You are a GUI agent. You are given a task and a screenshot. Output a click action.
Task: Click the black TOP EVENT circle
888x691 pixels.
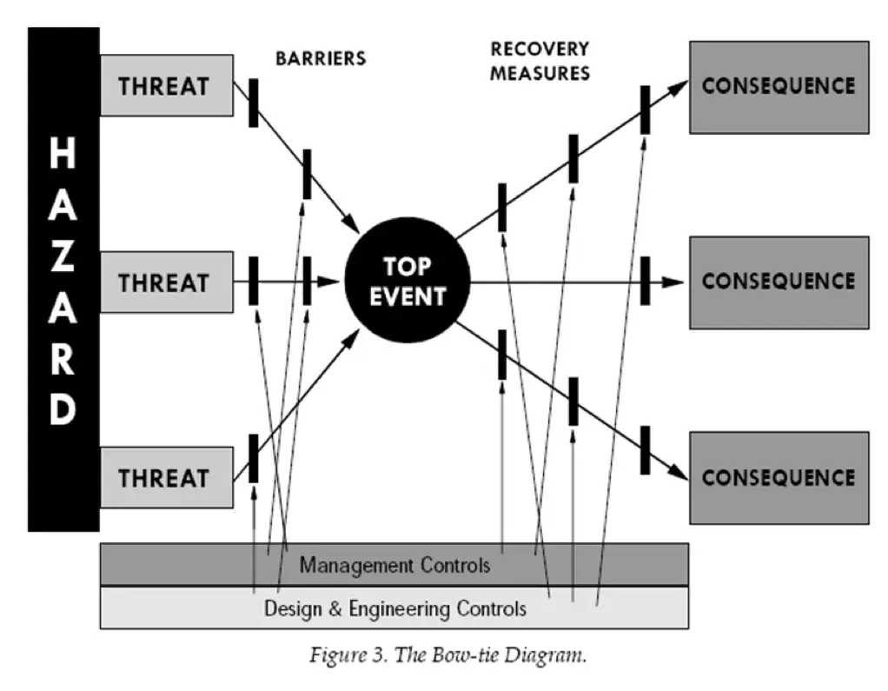408,281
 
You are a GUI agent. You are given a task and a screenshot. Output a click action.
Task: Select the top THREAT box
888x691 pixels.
166,85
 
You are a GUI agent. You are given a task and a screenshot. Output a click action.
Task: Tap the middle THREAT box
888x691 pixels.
166,282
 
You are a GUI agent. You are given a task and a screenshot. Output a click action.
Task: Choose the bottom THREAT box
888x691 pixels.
166,477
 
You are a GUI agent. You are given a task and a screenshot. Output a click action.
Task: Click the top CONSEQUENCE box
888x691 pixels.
779,86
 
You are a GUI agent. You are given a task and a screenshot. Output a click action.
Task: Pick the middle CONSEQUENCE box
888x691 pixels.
779,282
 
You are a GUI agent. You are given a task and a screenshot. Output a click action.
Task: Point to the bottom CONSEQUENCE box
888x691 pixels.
779,477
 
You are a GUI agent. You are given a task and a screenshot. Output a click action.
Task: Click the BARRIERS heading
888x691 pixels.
321,59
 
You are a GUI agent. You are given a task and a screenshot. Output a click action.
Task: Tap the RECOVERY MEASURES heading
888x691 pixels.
539,61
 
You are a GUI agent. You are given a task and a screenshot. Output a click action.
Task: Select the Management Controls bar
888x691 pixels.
394,565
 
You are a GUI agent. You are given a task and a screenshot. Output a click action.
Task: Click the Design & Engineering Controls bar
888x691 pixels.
394,608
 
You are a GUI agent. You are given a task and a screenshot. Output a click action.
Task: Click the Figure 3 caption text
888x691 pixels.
447,655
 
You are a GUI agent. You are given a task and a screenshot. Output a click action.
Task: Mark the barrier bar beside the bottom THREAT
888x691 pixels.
254,458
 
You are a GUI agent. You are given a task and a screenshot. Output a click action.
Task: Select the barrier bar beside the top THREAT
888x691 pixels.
254,103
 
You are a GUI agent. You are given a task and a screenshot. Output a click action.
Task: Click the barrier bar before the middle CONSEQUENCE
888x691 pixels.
645,281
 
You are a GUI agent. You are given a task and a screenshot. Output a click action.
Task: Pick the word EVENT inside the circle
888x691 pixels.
408,296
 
